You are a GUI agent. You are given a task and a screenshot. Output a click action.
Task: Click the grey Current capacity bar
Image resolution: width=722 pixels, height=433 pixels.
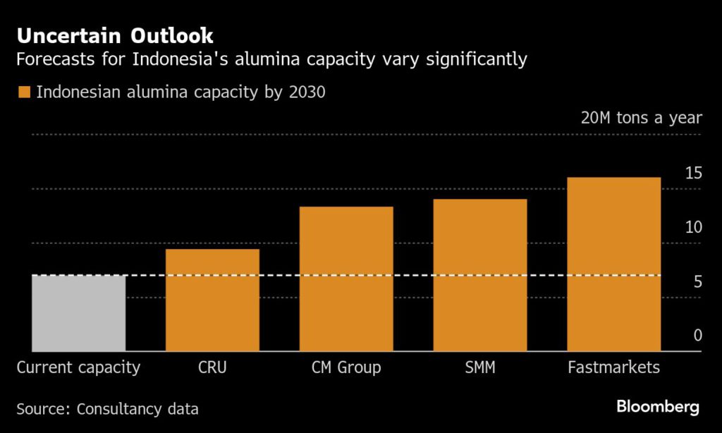(x=78, y=313)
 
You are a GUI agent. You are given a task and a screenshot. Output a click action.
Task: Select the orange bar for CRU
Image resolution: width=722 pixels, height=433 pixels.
(x=212, y=300)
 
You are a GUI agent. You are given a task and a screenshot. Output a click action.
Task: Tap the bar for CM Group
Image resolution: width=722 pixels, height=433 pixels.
(x=346, y=279)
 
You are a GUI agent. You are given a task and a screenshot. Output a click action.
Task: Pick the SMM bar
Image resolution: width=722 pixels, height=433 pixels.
(x=479, y=275)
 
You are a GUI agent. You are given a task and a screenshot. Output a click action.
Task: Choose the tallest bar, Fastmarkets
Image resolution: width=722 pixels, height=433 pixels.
(x=613, y=264)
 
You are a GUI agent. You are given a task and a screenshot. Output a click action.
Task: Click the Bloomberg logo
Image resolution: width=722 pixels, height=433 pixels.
(x=658, y=407)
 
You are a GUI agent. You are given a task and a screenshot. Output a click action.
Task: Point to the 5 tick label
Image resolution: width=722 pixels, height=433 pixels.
(x=697, y=281)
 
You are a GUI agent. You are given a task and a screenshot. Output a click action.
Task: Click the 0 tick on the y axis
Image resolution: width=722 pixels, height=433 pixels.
(x=697, y=336)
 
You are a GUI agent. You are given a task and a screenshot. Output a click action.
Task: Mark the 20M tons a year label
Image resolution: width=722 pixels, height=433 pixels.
(x=641, y=118)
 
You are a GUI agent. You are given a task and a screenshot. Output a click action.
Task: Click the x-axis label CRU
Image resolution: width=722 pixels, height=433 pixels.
(x=212, y=367)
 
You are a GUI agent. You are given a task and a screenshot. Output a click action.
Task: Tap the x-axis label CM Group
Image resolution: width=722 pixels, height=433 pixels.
(x=346, y=367)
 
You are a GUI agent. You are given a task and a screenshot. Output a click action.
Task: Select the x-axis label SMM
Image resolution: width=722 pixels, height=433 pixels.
(x=479, y=367)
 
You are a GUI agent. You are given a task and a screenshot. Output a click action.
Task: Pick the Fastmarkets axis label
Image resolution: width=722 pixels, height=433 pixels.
(x=613, y=367)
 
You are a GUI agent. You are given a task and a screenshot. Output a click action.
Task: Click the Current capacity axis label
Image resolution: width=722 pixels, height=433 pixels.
(x=78, y=367)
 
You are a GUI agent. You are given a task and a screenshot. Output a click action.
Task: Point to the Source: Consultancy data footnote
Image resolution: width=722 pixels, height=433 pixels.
(x=107, y=408)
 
